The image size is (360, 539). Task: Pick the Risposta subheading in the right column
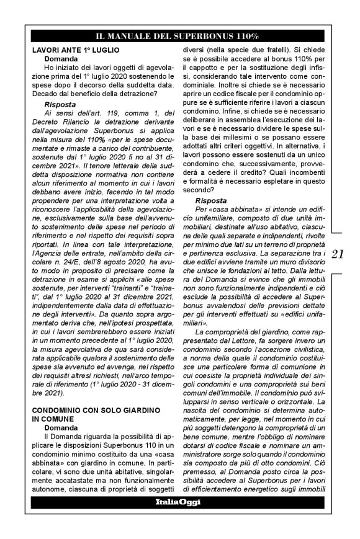[x=212, y=201]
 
